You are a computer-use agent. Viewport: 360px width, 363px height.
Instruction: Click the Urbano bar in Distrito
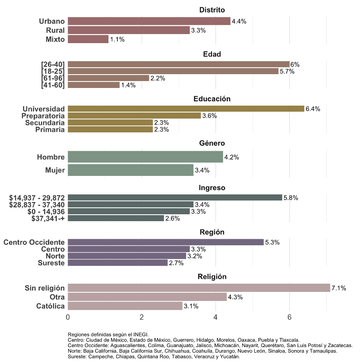[149, 21]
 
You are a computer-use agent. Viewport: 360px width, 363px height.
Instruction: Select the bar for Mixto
[88, 39]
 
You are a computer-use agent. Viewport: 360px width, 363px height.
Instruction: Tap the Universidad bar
[186, 109]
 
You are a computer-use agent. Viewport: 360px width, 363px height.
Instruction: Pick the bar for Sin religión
[199, 288]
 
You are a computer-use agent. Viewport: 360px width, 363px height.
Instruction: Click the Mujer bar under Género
[130, 170]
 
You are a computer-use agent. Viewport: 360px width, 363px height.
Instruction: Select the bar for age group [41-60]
[94, 85]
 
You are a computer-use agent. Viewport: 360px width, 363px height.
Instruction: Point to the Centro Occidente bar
[165, 242]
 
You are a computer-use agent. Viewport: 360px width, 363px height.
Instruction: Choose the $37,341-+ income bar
[116, 219]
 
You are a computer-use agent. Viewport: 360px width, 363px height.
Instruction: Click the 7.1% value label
[339, 288]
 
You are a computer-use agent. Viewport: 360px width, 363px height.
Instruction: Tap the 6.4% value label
[313, 109]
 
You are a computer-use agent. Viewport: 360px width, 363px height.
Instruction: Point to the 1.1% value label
[117, 40]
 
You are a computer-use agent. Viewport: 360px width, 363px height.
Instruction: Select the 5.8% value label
[291, 198]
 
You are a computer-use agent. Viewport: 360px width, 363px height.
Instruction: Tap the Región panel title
[212, 232]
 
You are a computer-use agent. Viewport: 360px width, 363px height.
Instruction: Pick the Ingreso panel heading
[212, 188]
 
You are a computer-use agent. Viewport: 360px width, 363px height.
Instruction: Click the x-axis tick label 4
[215, 317]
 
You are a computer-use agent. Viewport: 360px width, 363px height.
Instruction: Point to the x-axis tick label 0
[68, 317]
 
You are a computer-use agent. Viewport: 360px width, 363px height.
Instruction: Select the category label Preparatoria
[43, 116]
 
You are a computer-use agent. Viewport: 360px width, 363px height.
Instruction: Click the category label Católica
[51, 306]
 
